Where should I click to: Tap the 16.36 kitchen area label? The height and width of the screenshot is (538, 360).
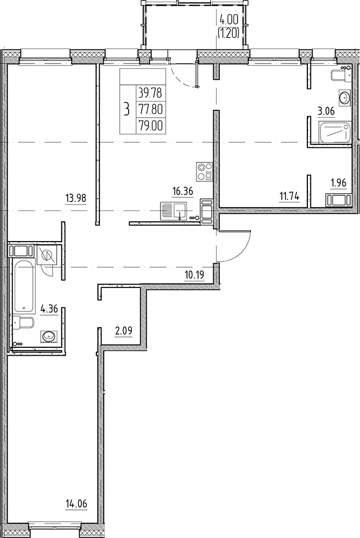coord(183,191)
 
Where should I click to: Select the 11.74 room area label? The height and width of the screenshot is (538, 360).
coord(289,196)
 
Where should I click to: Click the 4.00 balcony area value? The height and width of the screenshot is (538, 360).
coord(229,20)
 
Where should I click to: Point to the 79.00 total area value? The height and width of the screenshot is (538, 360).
coord(148,126)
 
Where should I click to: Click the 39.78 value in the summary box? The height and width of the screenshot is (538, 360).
coord(148,94)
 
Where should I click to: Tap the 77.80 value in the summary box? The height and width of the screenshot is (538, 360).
coord(148,110)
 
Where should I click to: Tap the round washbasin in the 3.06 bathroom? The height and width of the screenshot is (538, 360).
coord(344,97)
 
